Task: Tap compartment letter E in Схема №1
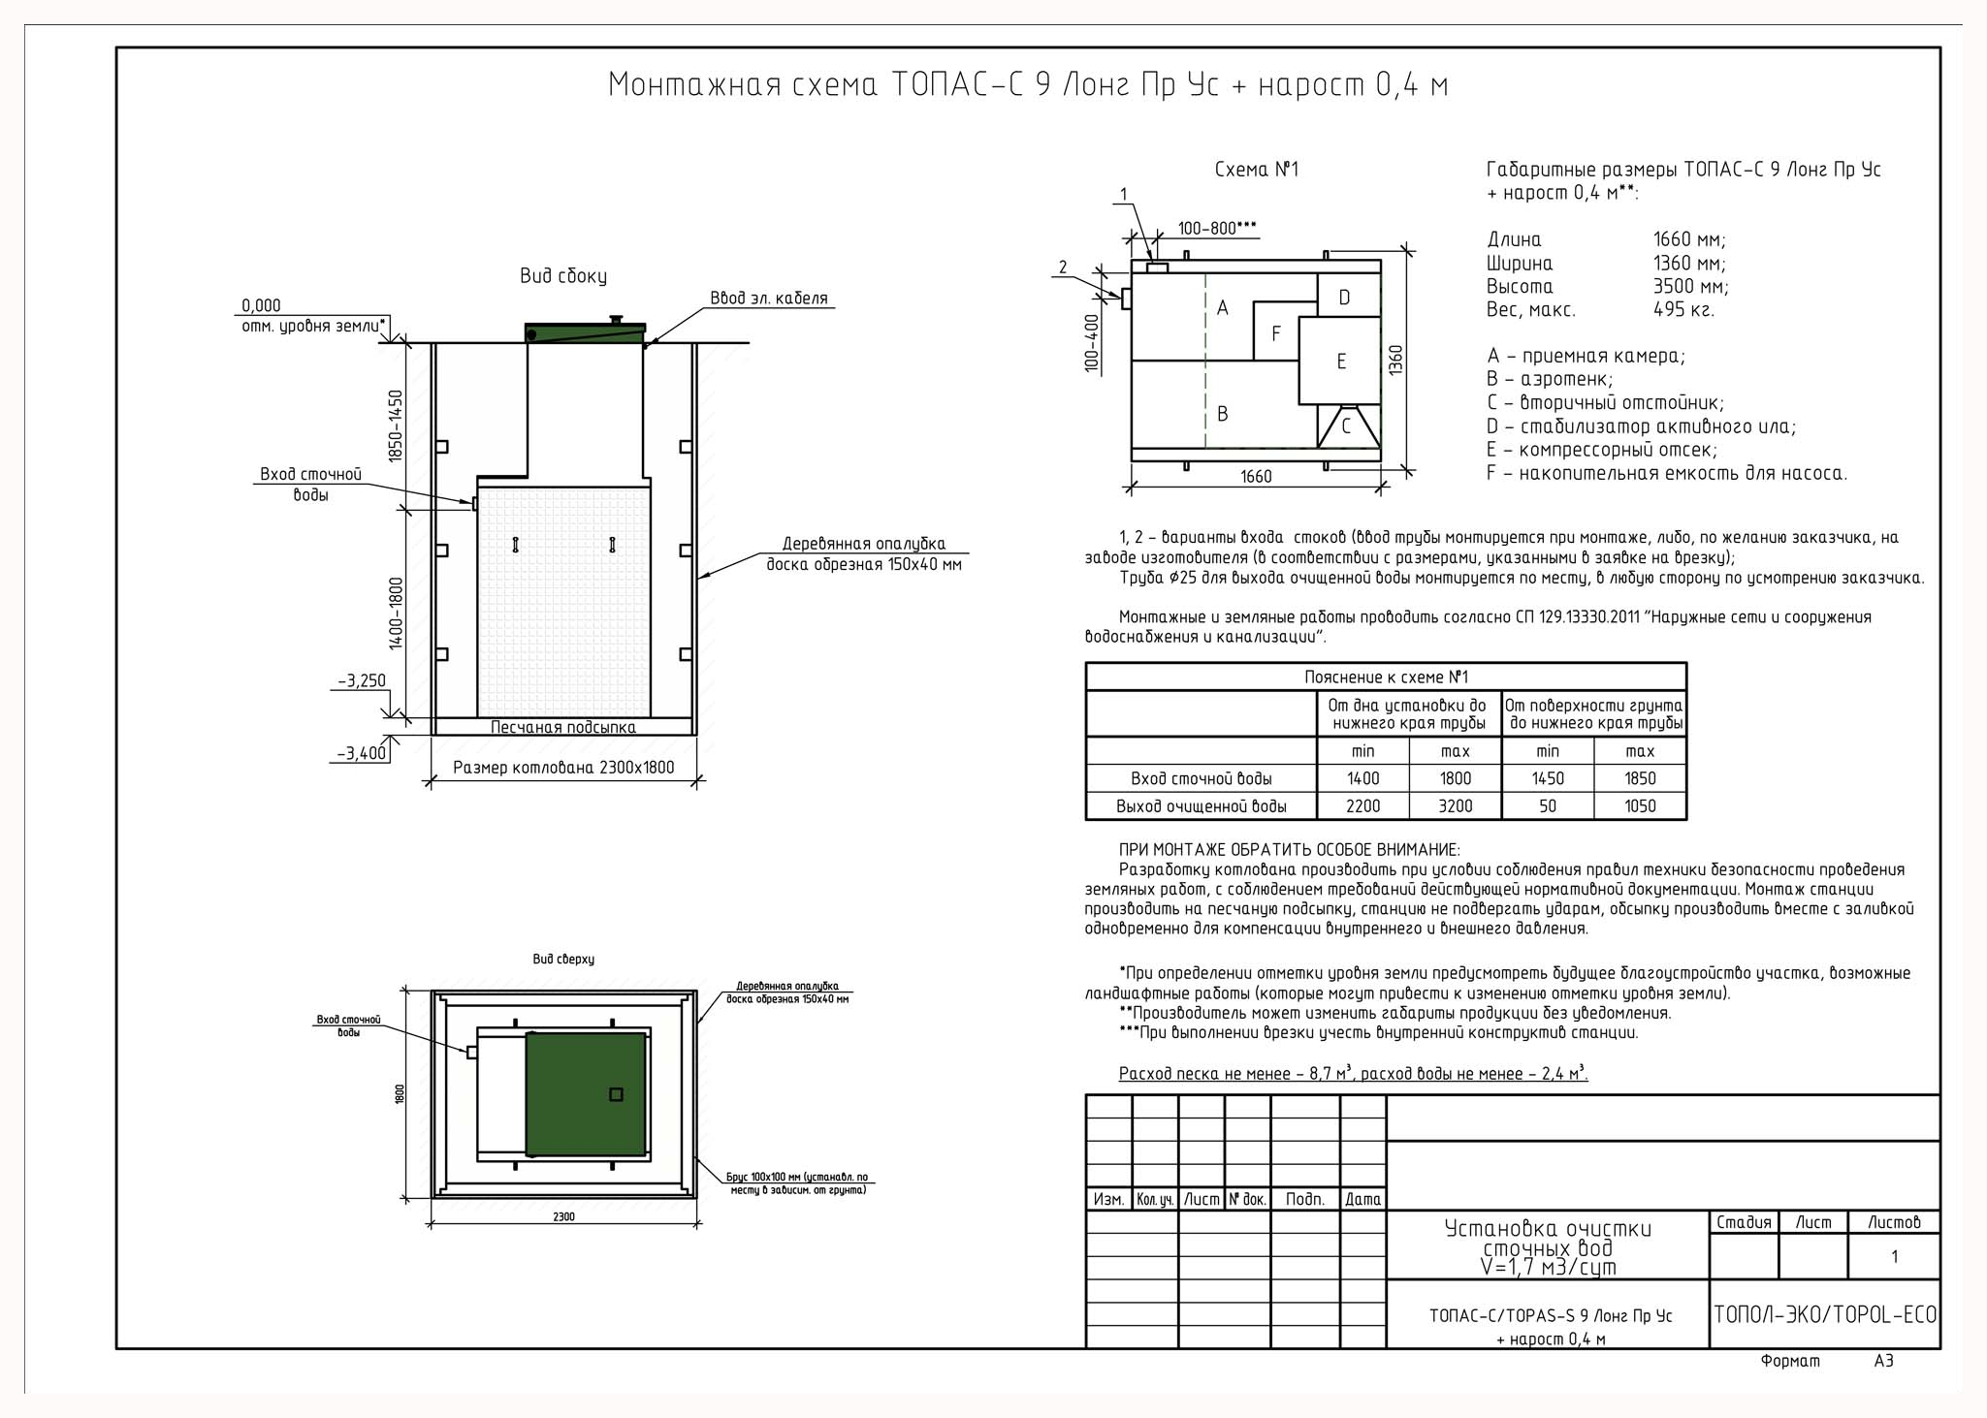click(x=1341, y=362)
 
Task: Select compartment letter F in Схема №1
click(x=1276, y=334)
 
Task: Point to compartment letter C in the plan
click(x=1346, y=426)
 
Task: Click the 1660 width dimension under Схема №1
click(x=1256, y=477)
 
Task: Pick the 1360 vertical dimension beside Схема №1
click(x=1395, y=361)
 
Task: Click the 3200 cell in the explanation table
click(x=1455, y=805)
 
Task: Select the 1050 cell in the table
click(x=1640, y=805)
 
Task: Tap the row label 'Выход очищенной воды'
click(x=1201, y=806)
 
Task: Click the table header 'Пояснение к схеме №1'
click(x=1386, y=677)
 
